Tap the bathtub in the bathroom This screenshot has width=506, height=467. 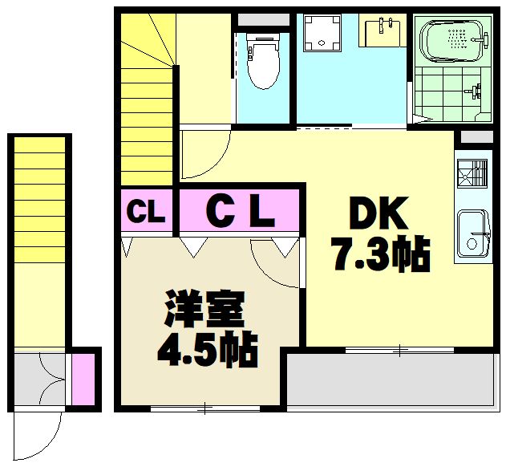tap(453, 40)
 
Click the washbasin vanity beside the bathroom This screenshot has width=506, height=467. tap(385, 33)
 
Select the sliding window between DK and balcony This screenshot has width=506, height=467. tap(399, 350)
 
